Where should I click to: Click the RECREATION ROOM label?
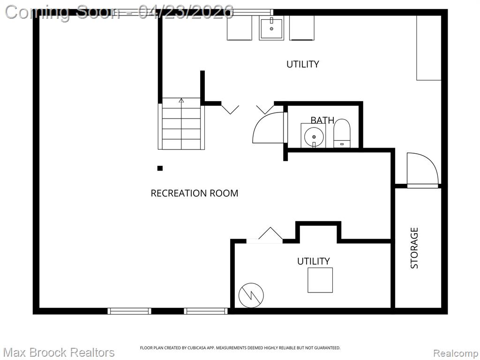click(x=195, y=193)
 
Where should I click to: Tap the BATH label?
click(x=322, y=120)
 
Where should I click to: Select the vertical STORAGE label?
click(x=414, y=248)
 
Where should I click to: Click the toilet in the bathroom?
click(x=342, y=134)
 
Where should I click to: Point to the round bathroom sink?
click(x=314, y=137)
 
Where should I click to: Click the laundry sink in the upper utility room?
click(x=271, y=28)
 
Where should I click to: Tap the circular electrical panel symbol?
click(x=251, y=295)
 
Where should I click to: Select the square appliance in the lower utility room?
click(x=320, y=280)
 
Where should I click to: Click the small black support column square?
click(x=160, y=168)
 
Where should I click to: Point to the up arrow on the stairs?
click(x=181, y=100)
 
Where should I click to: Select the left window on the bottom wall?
click(x=129, y=311)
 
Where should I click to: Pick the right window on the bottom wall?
click(x=206, y=311)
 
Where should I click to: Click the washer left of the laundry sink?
click(x=240, y=28)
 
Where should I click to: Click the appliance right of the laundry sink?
click(x=302, y=28)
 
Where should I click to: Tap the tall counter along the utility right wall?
click(x=428, y=48)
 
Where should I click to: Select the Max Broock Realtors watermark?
click(x=59, y=352)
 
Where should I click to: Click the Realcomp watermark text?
click(x=456, y=353)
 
